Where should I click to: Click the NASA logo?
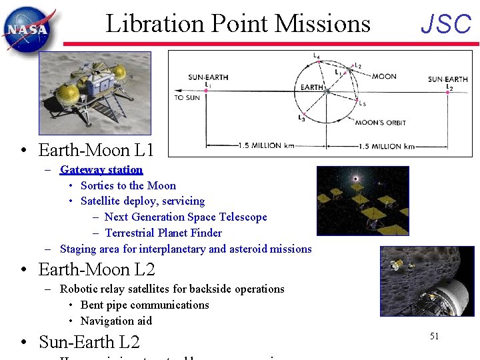pos(26,27)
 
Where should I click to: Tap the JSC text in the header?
pos(446,25)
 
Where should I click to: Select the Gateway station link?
pos(101,170)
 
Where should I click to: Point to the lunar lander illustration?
pos(95,93)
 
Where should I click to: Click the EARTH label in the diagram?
pos(311,87)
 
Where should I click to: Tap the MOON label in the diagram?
pos(384,77)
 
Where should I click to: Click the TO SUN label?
pos(187,98)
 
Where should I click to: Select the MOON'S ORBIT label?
pos(379,123)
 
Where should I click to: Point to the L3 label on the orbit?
pos(301,118)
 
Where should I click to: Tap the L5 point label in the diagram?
pos(362,104)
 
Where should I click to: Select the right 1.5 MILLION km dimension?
pos(386,146)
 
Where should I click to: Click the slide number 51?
pos(434,336)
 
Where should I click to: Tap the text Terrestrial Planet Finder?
pos(163,233)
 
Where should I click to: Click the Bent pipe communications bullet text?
pos(145,305)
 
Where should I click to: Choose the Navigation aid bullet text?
pos(116,321)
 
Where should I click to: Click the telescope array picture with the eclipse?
pos(362,200)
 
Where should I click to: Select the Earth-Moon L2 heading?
pos(97,270)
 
